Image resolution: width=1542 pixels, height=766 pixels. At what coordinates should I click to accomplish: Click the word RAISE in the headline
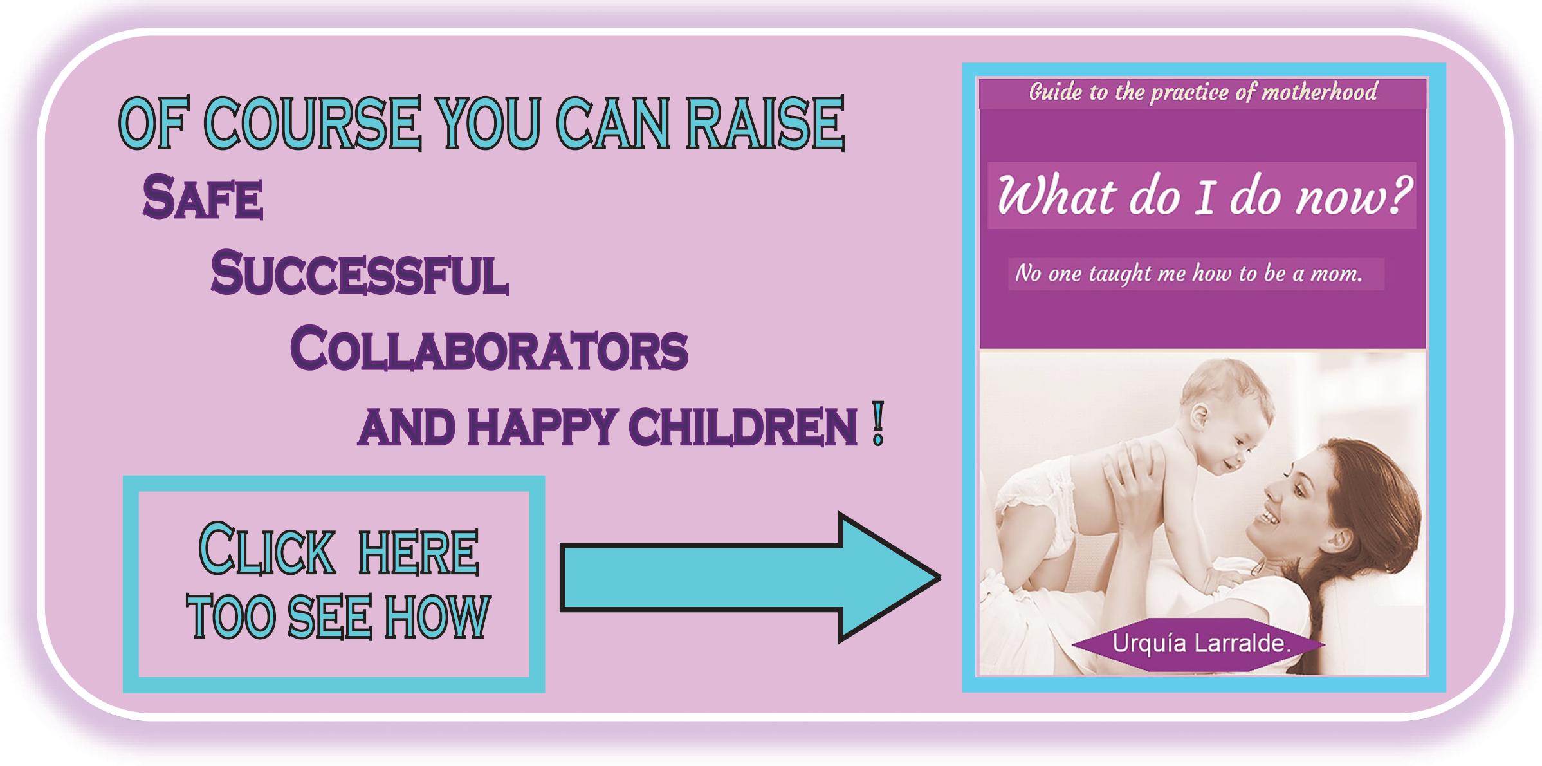coord(765,123)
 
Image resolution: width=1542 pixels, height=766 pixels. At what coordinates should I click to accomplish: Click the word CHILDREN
coord(743,427)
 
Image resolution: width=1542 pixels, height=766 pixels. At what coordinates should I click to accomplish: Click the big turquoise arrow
coord(750,577)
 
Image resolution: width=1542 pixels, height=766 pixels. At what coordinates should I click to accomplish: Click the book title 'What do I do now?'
coord(1203,196)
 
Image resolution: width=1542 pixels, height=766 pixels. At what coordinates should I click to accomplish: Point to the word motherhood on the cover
coord(1319,92)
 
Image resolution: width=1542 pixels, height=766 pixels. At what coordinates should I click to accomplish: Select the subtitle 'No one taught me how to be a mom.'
coord(1189,274)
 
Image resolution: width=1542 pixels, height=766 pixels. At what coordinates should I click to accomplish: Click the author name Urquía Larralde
coord(1202,644)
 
